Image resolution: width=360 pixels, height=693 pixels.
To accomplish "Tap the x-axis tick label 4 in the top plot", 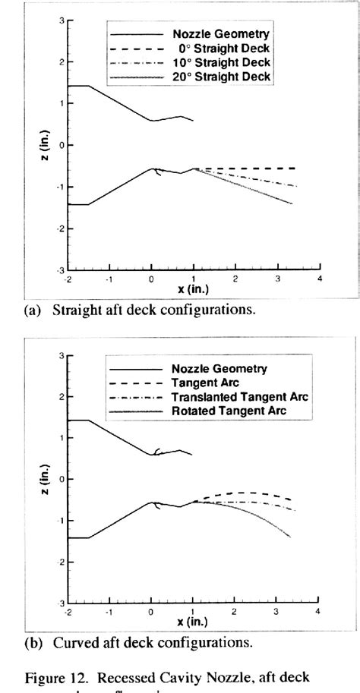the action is (x=319, y=279).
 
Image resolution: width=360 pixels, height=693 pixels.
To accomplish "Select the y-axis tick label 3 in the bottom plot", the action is (x=61, y=354).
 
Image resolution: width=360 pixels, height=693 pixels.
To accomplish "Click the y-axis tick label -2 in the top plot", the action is (x=60, y=228).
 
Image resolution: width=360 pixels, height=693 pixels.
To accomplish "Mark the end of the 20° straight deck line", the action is (x=292, y=204).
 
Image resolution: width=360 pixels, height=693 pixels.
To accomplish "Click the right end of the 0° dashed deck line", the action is (x=295, y=168).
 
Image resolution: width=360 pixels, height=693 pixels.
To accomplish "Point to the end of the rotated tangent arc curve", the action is (x=291, y=538).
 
